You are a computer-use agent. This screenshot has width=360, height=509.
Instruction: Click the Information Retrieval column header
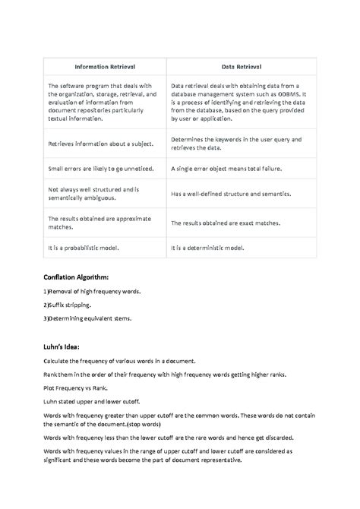(103, 67)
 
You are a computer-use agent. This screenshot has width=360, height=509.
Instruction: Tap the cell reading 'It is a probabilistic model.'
(84, 248)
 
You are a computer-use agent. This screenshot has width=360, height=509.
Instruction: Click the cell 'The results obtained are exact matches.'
(226, 223)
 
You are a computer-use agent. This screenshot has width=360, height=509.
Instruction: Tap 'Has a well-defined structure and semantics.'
(231, 194)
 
